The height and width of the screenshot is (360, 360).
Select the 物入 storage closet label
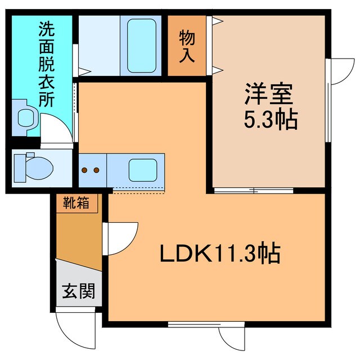(x=187, y=46)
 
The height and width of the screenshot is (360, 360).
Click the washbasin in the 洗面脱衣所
(x=26, y=118)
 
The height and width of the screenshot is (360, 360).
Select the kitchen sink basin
(x=143, y=169)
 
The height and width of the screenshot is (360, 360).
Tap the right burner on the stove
(x=97, y=169)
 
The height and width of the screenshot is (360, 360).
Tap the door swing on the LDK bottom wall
(x=231, y=337)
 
